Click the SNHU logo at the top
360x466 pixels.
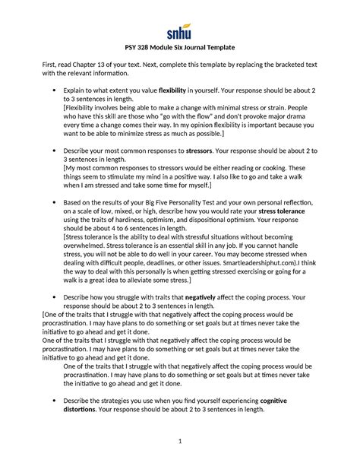179,31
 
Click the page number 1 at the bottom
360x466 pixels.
180,442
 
